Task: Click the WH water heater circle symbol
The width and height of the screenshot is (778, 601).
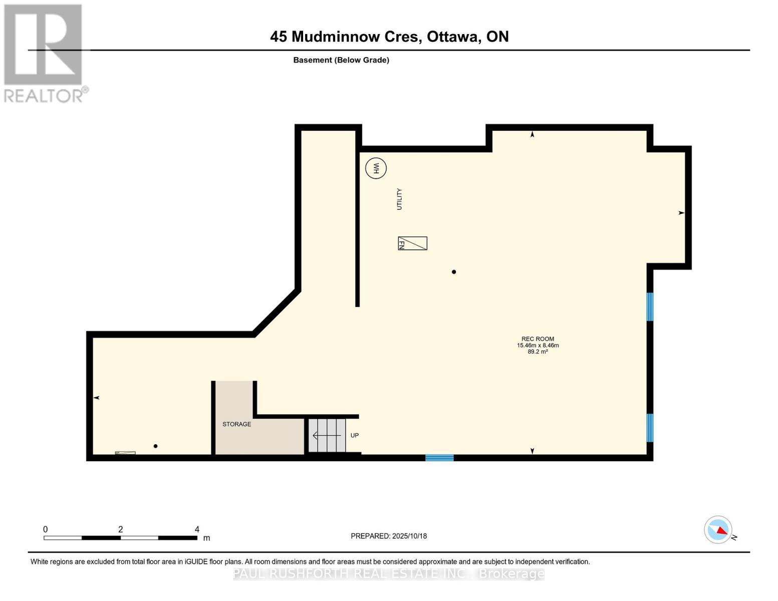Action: pyautogui.click(x=376, y=168)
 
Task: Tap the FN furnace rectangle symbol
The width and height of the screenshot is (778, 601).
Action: pyautogui.click(x=412, y=243)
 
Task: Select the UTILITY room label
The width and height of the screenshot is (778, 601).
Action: pyautogui.click(x=399, y=199)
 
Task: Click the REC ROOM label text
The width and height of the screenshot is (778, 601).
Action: pyautogui.click(x=538, y=339)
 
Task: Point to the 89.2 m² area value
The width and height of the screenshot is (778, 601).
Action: pyautogui.click(x=538, y=352)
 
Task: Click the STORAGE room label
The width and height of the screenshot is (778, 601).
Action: pyautogui.click(x=236, y=424)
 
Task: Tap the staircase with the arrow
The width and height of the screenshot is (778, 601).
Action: pyautogui.click(x=327, y=435)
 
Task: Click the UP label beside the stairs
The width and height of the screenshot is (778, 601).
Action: pyautogui.click(x=354, y=435)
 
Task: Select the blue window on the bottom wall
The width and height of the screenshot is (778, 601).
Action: pyautogui.click(x=439, y=457)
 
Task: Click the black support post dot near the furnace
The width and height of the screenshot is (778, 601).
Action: pyautogui.click(x=454, y=272)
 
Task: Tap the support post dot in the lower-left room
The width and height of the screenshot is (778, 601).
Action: pyautogui.click(x=155, y=446)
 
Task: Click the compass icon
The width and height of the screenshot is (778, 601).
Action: pyautogui.click(x=718, y=529)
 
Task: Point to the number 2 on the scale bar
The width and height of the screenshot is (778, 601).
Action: pyautogui.click(x=120, y=529)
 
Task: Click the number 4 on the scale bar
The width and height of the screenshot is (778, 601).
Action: pyautogui.click(x=197, y=529)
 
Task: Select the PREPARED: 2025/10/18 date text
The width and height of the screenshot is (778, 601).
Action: pyautogui.click(x=389, y=536)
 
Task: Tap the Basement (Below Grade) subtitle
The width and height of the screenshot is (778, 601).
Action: pyautogui.click(x=341, y=60)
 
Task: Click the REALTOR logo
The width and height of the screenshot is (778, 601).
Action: pyautogui.click(x=44, y=53)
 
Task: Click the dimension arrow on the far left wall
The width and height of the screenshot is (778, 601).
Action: pyautogui.click(x=97, y=398)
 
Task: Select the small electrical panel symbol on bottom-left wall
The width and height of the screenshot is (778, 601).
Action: pyautogui.click(x=125, y=453)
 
